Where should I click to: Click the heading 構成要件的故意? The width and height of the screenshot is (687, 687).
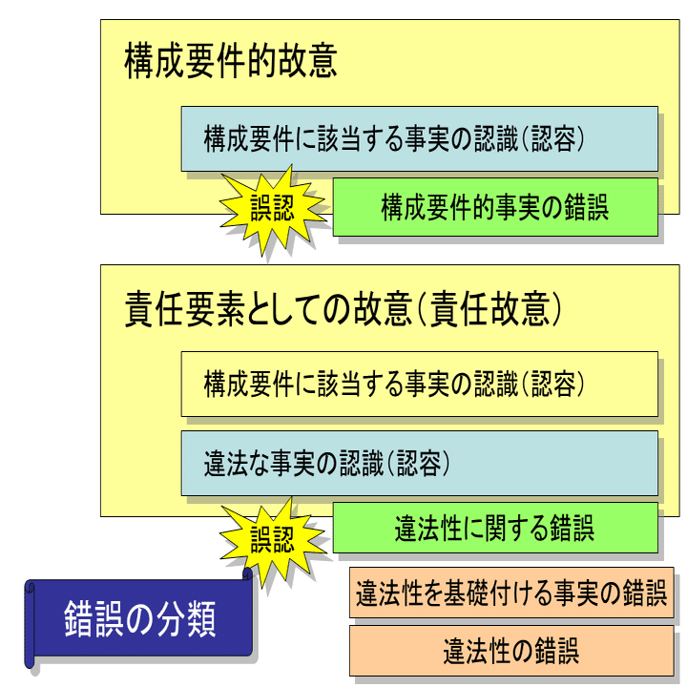tap(231, 62)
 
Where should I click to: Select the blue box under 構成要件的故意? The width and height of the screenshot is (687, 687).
tap(419, 139)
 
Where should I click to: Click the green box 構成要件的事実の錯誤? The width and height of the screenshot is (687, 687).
tap(494, 207)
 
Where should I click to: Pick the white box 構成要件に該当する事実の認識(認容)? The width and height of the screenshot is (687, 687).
tap(419, 384)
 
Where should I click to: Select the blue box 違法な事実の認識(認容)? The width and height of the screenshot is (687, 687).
tap(419, 464)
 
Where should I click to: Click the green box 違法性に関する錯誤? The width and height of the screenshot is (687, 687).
tap(494, 528)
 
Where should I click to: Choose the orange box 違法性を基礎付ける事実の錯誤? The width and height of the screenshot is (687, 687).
tap(510, 594)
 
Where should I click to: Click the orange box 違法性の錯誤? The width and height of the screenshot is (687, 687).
tap(510, 652)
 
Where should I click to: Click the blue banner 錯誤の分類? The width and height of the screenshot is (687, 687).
tap(140, 618)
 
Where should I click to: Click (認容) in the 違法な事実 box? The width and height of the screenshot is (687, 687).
tap(417, 465)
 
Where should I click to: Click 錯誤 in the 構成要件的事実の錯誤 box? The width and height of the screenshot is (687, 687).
tap(585, 207)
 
